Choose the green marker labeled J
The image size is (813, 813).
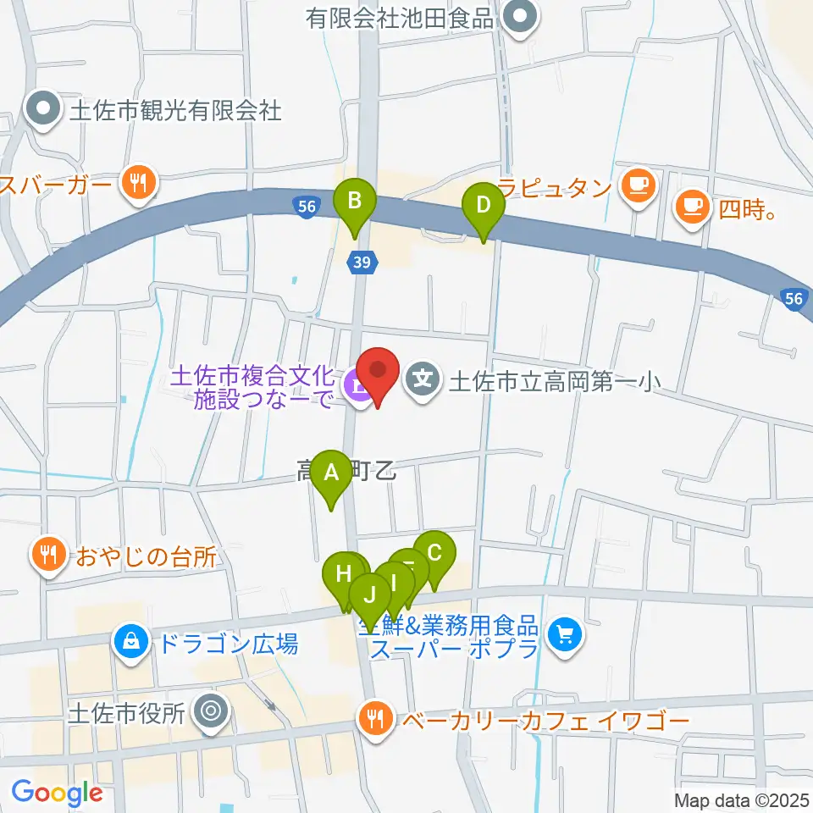click(369, 598)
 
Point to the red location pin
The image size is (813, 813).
click(378, 374)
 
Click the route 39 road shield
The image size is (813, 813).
click(362, 264)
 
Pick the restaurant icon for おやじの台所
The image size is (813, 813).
click(47, 555)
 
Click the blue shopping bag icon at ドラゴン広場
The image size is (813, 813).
click(131, 643)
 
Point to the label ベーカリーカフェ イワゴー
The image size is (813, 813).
click(545, 721)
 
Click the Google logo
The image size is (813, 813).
click(57, 793)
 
